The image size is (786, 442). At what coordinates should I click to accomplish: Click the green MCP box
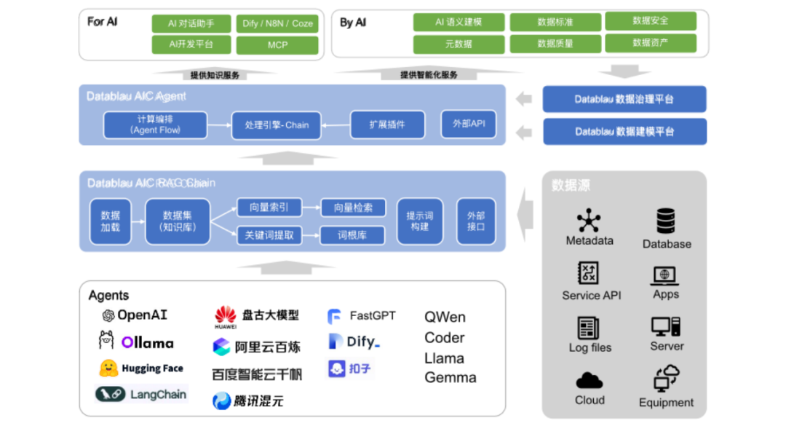[x=277, y=44]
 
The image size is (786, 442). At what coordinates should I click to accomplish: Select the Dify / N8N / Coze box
[x=277, y=23]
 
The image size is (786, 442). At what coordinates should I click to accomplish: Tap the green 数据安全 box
[x=650, y=21]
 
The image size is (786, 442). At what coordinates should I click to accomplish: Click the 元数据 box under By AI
[x=458, y=44]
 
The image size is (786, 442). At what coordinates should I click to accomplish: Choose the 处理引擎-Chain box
[x=277, y=125]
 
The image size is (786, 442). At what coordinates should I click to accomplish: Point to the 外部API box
[x=469, y=124]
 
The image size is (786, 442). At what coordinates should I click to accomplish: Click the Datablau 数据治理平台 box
[x=624, y=99]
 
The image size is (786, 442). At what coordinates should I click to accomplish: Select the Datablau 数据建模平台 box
[x=624, y=132]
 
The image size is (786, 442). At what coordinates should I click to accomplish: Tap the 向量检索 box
[x=353, y=208]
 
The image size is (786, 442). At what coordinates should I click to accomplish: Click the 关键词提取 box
[x=269, y=235]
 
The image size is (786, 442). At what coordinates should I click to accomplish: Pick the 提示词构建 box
[x=419, y=221]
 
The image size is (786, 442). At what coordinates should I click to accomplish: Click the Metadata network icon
[x=589, y=221]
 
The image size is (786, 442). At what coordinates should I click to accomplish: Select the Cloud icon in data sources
[x=589, y=380]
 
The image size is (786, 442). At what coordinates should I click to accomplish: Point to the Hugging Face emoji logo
[x=108, y=368]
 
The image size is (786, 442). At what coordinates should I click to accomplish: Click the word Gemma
[x=450, y=377]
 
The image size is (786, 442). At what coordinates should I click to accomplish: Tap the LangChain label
[x=158, y=395]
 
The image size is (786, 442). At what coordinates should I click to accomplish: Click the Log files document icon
[x=588, y=328]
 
